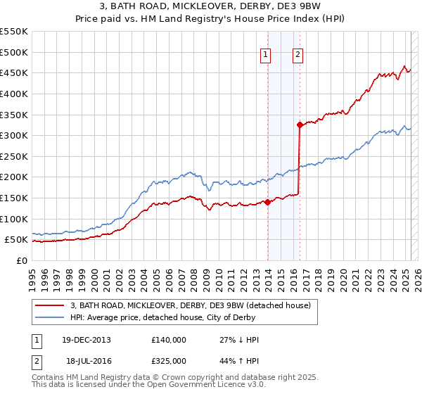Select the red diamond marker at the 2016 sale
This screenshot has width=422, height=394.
coord(300,125)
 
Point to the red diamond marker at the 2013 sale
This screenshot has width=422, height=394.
coord(268,202)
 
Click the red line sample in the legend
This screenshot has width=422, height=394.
coord(49,305)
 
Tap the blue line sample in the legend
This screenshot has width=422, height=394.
coord(49,317)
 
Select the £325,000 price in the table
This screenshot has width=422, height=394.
coord(168,360)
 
